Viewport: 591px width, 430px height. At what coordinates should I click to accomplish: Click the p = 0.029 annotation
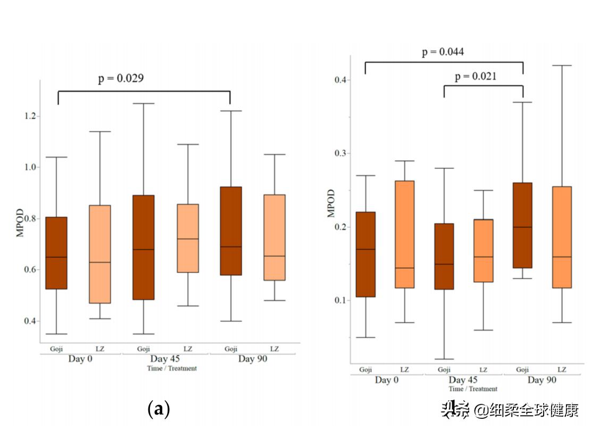click(120, 78)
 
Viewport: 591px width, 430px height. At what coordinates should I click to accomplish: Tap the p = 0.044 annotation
click(443, 52)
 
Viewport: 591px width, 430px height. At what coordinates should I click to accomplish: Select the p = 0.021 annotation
click(475, 76)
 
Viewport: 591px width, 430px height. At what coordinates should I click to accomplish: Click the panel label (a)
click(158, 409)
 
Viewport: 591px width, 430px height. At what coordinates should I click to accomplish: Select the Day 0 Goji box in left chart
click(56, 253)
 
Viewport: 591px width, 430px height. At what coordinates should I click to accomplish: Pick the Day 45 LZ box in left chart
click(187, 238)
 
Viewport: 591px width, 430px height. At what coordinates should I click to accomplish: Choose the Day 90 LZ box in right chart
click(562, 237)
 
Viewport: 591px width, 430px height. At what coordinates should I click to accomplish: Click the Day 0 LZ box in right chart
click(404, 234)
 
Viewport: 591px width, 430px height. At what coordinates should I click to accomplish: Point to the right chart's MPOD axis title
click(331, 203)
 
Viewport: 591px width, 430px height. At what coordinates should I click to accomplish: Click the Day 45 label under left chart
click(165, 359)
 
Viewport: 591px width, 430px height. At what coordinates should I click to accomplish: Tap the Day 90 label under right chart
click(542, 380)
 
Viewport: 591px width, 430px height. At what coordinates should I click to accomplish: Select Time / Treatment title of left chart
click(172, 368)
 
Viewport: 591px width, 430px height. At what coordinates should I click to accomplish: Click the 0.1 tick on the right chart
click(339, 300)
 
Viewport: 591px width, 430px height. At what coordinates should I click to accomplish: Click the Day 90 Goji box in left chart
click(231, 231)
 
